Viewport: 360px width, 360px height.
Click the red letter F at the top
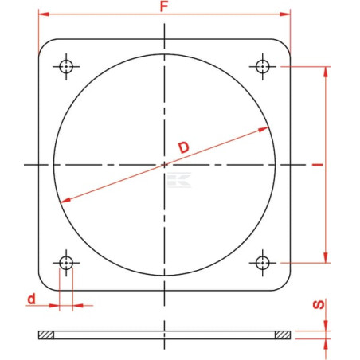(x=164, y=6)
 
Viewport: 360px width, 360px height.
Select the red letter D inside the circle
(x=184, y=147)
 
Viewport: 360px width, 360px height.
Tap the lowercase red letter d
(x=31, y=299)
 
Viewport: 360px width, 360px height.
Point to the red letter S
(x=319, y=304)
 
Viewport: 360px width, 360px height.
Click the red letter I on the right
(x=318, y=165)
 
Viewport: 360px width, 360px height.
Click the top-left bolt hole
(x=66, y=66)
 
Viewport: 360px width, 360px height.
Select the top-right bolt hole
(x=263, y=66)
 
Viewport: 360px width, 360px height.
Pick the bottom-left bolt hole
(x=66, y=263)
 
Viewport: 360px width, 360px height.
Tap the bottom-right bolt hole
(x=263, y=263)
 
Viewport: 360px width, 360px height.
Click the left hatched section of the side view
(x=46, y=335)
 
